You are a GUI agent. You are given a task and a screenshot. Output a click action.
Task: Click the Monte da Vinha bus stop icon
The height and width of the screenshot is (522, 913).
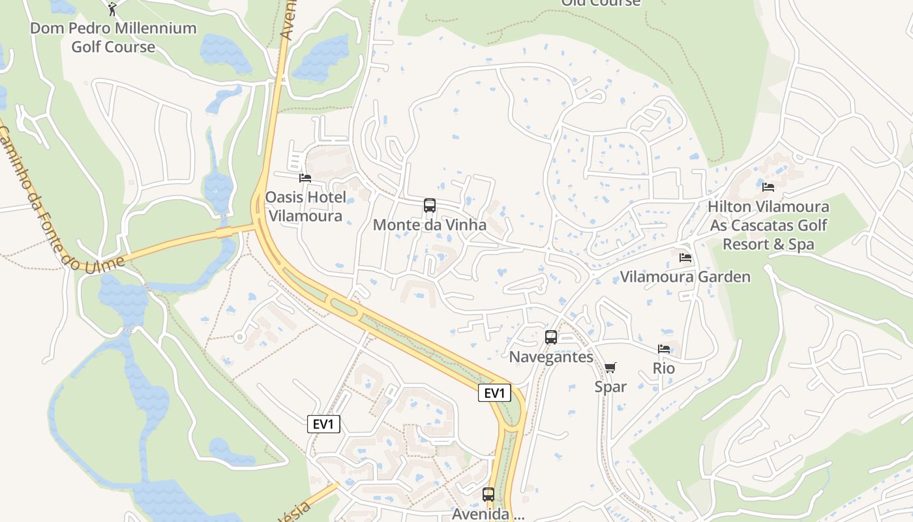tap(430, 206)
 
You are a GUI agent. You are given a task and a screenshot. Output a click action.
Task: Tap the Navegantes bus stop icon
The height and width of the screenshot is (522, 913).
tap(551, 337)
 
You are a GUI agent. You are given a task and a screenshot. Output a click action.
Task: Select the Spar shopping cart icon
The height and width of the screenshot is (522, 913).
tap(610, 368)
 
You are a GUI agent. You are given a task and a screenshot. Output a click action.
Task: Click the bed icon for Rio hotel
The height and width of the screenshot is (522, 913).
tap(664, 349)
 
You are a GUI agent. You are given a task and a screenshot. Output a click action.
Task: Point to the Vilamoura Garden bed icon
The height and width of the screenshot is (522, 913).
tap(685, 257)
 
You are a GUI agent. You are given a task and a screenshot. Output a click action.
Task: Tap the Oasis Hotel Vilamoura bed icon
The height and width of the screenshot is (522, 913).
tap(305, 177)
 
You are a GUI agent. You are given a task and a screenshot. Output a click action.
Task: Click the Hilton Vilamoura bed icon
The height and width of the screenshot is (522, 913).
tap(768, 187)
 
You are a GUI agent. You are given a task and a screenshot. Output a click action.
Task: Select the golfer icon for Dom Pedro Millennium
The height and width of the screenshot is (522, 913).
tap(112, 9)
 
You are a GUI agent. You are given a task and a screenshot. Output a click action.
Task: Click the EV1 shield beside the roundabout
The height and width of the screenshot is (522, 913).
tap(494, 393)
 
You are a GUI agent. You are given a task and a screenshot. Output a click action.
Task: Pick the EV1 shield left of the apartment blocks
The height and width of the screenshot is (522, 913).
tap(323, 424)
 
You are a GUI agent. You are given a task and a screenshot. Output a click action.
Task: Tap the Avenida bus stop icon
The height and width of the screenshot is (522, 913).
tap(488, 494)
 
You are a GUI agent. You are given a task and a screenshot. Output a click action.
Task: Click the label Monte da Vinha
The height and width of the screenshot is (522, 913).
tap(430, 225)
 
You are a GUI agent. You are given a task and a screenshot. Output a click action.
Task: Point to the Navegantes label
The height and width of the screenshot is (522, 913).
tap(551, 357)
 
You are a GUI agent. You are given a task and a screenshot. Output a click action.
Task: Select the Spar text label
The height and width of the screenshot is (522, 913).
tap(610, 387)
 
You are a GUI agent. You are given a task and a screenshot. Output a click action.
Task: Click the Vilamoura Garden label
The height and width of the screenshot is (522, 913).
tap(685, 277)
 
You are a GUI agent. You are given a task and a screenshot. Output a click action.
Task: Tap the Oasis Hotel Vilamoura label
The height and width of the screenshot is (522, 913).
tap(305, 206)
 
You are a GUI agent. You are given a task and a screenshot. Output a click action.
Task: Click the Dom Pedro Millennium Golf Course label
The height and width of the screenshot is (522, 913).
tap(113, 37)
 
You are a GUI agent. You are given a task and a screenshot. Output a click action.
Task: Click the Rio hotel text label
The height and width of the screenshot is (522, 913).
tap(664, 369)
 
